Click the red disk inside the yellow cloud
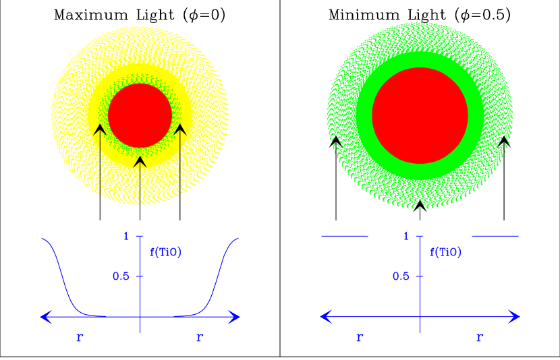pos(140,115)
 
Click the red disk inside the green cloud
pos(420,115)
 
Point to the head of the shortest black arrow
pos(140,160)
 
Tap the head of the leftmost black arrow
pos(99,129)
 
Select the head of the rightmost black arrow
pos(180,129)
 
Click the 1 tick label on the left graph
pos(126,236)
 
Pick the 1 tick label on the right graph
pos(406,236)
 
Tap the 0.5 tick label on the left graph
pos(122,276)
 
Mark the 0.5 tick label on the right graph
pos(401,276)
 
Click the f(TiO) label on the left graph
pos(165,253)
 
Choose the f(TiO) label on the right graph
pos(445,253)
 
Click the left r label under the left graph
pos(80,336)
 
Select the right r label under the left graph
pos(200,336)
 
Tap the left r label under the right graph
pos(360,336)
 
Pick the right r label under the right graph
pos(480,336)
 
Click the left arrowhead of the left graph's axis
pos(45,316)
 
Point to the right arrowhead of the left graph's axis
pos(235,316)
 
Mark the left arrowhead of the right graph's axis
pos(325,316)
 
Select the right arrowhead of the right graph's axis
pos(515,316)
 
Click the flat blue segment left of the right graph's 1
pos(345,236)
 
